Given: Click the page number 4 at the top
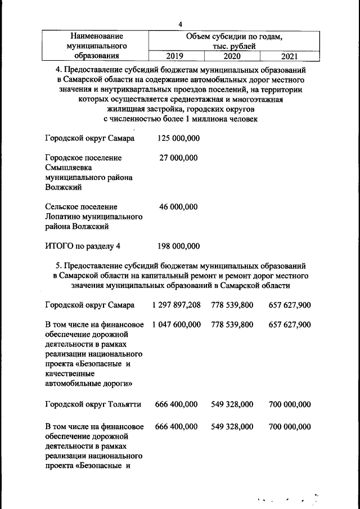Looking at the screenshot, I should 180,24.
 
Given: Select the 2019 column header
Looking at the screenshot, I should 178,56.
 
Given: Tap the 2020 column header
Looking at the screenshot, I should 232,56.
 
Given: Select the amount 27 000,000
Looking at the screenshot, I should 178,158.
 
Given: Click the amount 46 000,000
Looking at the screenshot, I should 178,207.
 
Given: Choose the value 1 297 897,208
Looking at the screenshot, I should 175,305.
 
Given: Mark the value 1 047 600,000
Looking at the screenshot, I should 175,325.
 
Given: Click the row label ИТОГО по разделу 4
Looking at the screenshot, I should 83,246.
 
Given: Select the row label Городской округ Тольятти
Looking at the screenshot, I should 92,404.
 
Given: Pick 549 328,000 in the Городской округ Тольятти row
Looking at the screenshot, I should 232,404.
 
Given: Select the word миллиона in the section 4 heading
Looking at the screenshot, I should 206,119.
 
